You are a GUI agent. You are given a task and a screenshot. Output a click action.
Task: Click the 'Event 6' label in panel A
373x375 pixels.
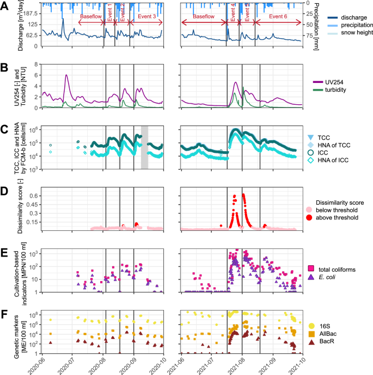point(278,16)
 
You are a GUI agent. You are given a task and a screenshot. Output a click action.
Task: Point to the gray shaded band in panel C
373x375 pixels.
point(144,146)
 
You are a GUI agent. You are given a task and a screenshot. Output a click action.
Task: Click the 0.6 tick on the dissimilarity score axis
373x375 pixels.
point(28,195)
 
